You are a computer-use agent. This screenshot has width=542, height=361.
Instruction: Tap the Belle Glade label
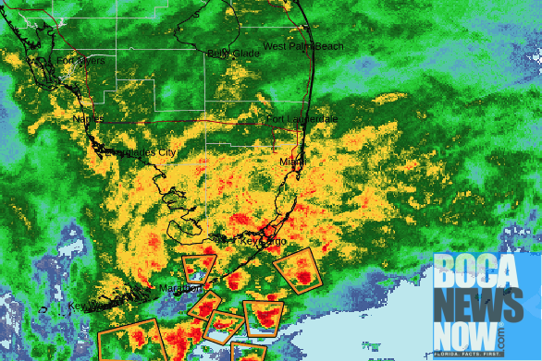tap(233, 54)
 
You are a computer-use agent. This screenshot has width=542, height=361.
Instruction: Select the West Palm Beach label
tap(302, 46)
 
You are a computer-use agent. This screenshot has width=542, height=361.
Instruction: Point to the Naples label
tap(89, 118)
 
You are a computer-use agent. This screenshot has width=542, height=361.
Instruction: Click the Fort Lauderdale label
tap(302, 119)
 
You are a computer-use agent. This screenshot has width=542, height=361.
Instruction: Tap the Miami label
tap(293, 162)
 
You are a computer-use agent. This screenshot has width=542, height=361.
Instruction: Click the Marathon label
tap(180, 288)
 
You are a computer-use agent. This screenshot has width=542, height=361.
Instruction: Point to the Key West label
tap(89, 306)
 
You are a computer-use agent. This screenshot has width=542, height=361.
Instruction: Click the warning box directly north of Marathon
tap(199, 268)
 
